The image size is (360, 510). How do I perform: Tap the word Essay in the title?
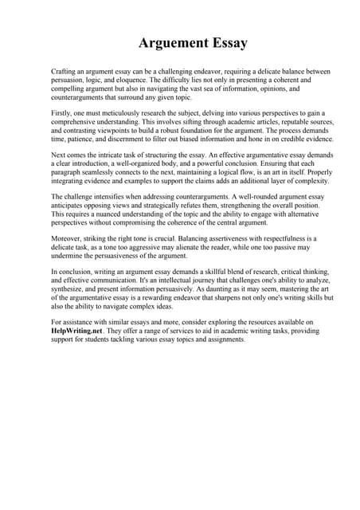[226, 43]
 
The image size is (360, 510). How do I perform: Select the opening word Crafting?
[65, 72]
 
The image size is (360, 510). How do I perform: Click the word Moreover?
[67, 238]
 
